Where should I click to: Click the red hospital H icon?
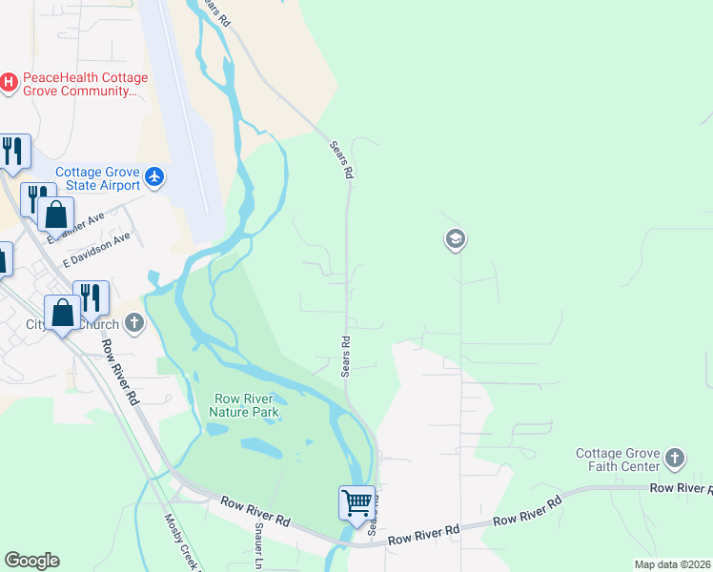9,83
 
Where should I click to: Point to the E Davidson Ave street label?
95,251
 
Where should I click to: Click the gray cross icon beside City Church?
134,323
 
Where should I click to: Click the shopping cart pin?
356,501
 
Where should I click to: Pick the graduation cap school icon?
455,239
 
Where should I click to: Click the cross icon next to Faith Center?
675,459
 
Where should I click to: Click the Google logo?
31,561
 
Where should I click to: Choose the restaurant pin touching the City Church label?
92,297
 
